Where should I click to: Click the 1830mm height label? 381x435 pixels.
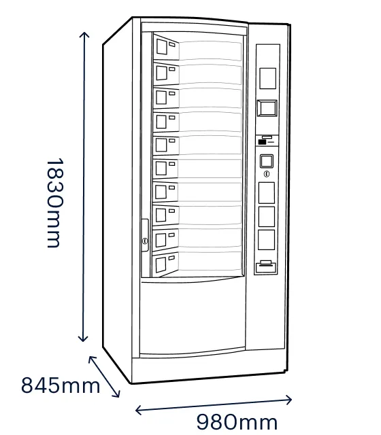point(55,203)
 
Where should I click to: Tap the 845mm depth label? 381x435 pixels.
point(61,385)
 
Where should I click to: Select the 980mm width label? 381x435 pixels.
point(237,422)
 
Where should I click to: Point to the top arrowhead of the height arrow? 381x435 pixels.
point(84,35)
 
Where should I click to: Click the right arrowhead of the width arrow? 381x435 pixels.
point(288,400)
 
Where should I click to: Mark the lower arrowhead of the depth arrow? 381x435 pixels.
point(117,394)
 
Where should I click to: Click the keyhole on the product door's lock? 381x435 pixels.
point(145,241)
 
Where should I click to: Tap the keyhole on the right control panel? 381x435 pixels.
point(267,174)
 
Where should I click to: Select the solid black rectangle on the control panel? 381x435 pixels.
point(262,142)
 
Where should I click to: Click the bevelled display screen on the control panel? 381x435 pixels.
point(267,108)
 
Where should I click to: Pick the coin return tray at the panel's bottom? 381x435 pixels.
point(266,267)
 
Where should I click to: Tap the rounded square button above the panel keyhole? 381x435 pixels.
point(267,161)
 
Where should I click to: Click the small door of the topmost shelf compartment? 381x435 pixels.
point(162,47)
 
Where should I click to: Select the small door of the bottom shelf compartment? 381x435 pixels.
point(161,264)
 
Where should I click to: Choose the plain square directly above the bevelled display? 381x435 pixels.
point(267,78)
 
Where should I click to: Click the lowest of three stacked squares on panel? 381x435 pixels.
point(266,240)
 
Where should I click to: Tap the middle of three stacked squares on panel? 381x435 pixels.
point(267,216)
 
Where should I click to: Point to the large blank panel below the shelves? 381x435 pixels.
point(193,315)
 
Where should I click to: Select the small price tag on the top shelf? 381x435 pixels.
point(172,44)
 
